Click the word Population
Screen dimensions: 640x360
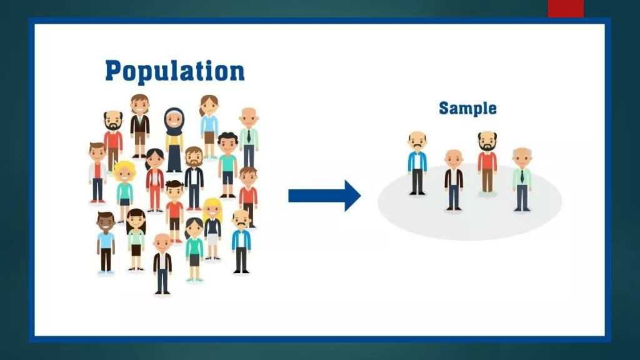[x=175, y=71]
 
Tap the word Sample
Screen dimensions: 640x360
[x=467, y=109]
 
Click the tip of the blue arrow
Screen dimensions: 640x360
[x=361, y=196]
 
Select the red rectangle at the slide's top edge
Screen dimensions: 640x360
[x=566, y=8]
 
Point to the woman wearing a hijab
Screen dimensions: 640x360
[x=174, y=139]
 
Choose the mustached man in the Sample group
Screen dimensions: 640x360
[x=417, y=163]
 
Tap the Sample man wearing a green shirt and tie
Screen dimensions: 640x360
[x=522, y=179]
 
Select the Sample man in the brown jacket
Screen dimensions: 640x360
[x=454, y=180]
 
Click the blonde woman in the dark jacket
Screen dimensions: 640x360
[x=212, y=229]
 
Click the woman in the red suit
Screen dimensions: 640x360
[x=155, y=180]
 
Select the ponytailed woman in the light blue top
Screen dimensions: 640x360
[x=209, y=127]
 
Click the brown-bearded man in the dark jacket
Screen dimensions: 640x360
[x=194, y=178]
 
